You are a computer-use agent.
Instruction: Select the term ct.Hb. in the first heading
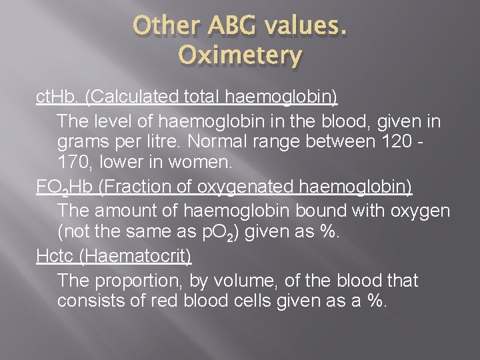click(58, 98)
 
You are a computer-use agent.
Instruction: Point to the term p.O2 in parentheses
click(215, 234)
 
